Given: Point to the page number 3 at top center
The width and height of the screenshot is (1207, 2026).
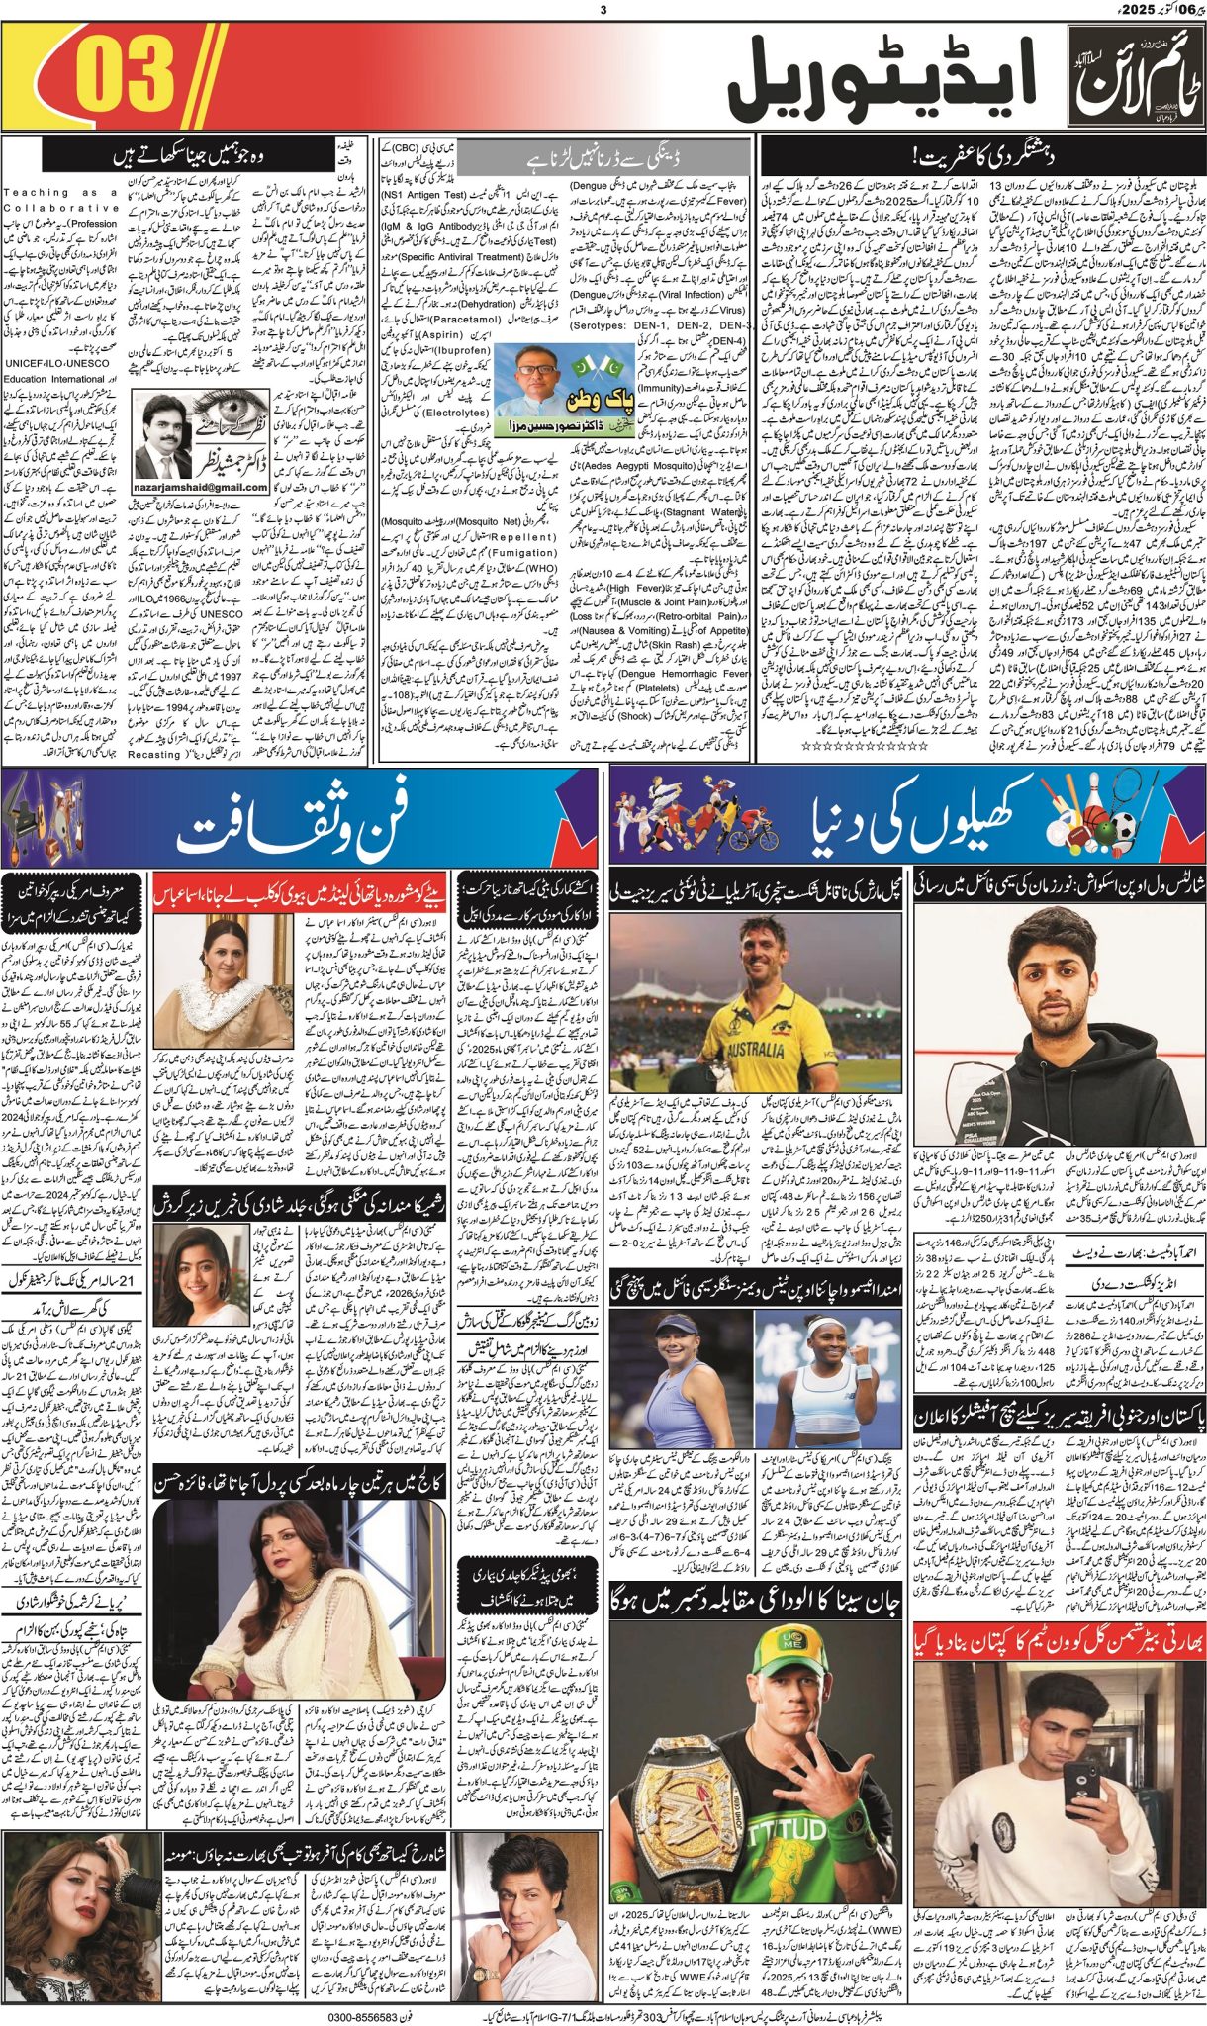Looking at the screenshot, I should (603, 10).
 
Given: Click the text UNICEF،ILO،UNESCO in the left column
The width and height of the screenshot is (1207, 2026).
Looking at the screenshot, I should (59, 364).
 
